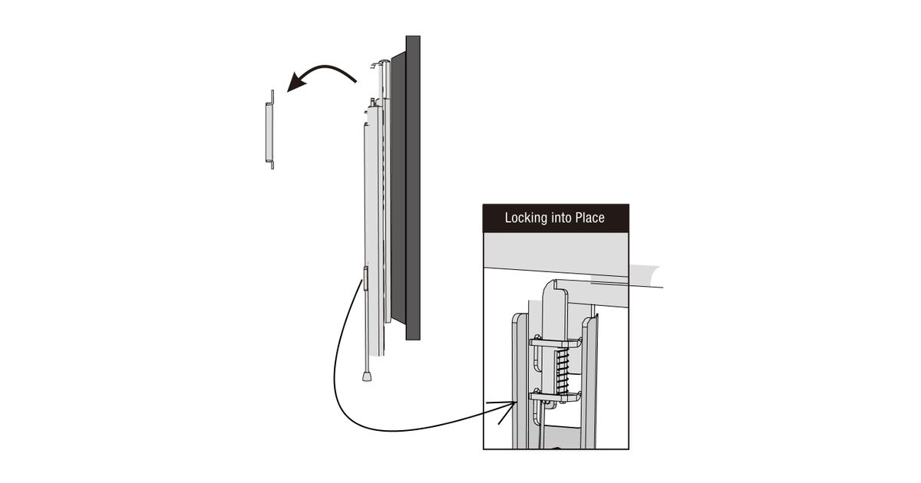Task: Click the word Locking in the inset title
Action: tap(526, 218)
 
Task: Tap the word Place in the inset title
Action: tap(588, 218)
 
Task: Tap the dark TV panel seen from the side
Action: tap(412, 188)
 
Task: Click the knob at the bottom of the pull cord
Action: tap(368, 376)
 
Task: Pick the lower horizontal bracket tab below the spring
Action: tap(558, 396)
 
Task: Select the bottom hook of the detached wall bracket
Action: tap(272, 163)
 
